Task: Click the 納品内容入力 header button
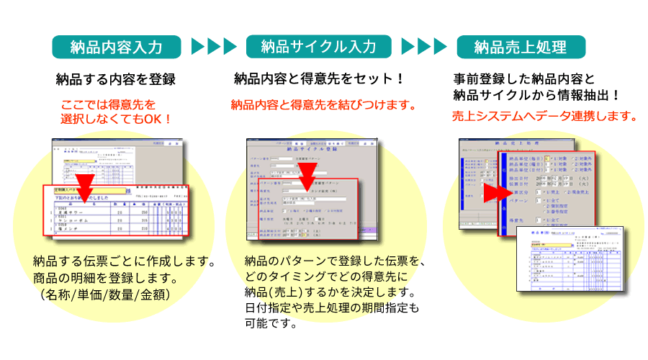point(115,48)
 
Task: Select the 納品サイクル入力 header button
point(318,48)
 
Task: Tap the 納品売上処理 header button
point(521,48)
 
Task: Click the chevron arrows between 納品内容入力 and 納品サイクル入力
point(214,48)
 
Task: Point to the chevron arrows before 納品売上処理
point(423,48)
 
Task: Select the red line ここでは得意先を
point(108,104)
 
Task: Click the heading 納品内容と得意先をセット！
point(320,78)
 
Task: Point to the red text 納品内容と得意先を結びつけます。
point(324,105)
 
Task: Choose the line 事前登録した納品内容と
point(523,78)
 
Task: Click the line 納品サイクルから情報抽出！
point(536,94)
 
